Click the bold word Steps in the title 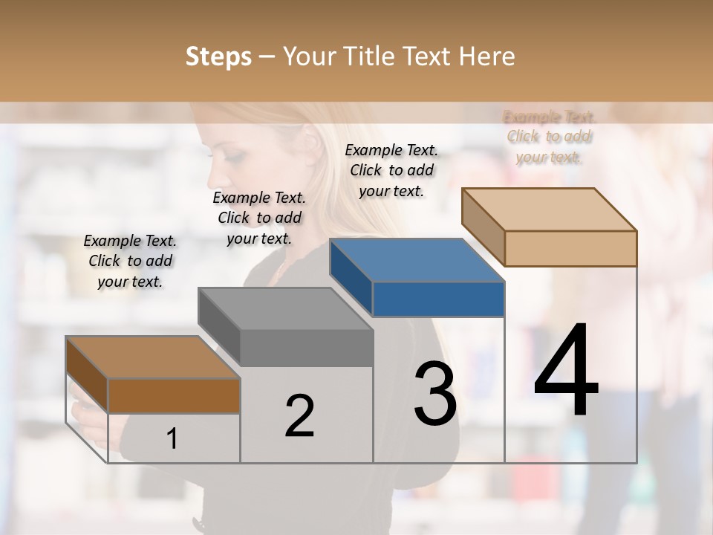pyautogui.click(x=218, y=56)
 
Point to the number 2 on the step pyautogui.click(x=299, y=416)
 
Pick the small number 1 pyautogui.click(x=172, y=438)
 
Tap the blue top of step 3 pyautogui.click(x=416, y=260)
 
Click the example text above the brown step pyautogui.click(x=130, y=261)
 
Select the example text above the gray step pyautogui.click(x=259, y=218)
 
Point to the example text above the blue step pyautogui.click(x=391, y=170)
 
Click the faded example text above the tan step pyautogui.click(x=550, y=137)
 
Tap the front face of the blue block pyautogui.click(x=438, y=299)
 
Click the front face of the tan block pyautogui.click(x=570, y=248)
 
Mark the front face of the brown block pyautogui.click(x=174, y=395)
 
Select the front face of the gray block pyautogui.click(x=306, y=348)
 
